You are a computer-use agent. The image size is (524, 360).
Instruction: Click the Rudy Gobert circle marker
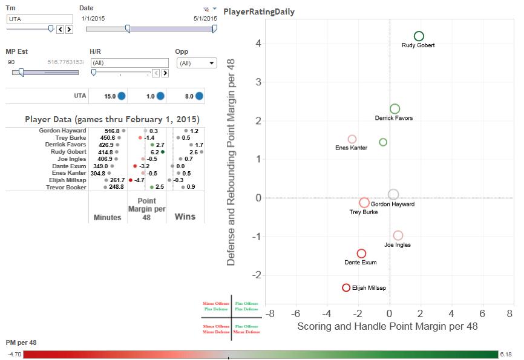[419, 36]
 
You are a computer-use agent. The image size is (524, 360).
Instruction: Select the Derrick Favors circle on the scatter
[395, 109]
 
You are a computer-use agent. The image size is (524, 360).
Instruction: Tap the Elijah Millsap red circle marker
[346, 288]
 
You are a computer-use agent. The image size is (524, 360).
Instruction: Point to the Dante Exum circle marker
[361, 254]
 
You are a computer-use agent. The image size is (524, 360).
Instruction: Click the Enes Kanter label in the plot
[351, 148]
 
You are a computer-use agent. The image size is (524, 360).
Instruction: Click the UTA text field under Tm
[39, 19]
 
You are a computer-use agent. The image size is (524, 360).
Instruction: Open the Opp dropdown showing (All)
[195, 63]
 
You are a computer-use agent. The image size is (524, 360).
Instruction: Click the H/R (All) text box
[128, 63]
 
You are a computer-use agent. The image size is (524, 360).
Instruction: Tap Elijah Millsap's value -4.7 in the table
[139, 180]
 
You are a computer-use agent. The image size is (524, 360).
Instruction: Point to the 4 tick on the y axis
[258, 44]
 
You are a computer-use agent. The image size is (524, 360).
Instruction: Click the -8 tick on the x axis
[270, 315]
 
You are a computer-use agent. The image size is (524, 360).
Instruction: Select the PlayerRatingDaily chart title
[258, 11]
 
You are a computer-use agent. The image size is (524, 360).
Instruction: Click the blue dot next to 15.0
[121, 96]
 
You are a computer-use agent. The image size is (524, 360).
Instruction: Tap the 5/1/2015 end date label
[205, 19]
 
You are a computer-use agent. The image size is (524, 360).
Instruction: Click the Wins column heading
[185, 217]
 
